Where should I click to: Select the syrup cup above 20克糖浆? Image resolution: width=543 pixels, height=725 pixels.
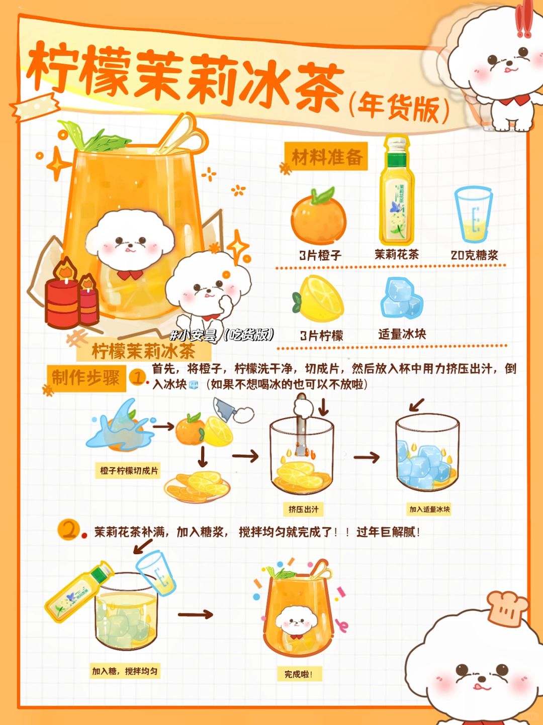[x=473, y=215]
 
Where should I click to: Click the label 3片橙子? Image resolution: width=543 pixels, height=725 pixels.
[x=320, y=255]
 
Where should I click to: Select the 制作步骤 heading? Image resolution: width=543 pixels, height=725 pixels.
[x=86, y=377]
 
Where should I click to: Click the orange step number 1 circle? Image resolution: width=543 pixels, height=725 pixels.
[x=137, y=377]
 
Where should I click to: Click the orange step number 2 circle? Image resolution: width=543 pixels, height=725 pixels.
[x=68, y=530]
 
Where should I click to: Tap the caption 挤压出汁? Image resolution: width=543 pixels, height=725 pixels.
[x=303, y=509]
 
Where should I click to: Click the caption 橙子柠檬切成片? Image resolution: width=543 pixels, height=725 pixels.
[x=129, y=471]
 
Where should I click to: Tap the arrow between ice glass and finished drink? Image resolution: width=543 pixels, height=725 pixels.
[x=196, y=614]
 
